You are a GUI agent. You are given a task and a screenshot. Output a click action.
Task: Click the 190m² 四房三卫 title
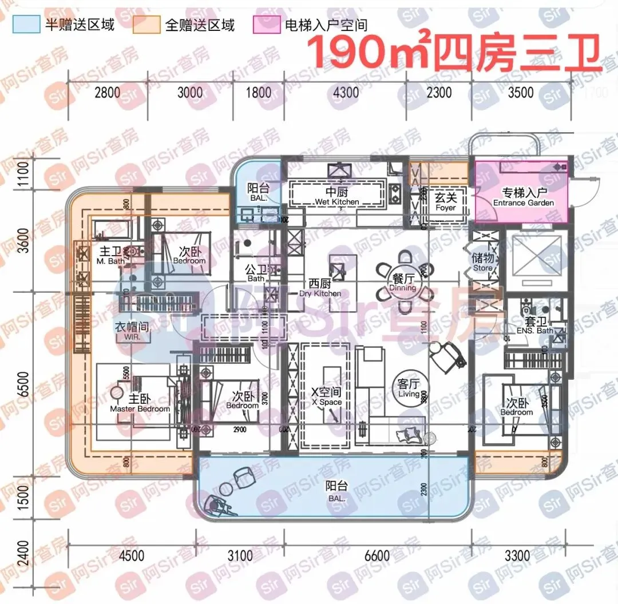click(455, 53)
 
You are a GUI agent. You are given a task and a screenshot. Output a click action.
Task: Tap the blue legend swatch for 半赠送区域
click(26, 25)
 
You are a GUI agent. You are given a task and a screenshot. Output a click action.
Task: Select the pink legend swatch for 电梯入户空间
click(266, 25)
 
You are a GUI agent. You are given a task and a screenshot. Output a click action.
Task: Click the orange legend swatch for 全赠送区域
click(146, 25)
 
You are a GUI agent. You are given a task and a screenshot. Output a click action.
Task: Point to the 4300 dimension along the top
click(346, 92)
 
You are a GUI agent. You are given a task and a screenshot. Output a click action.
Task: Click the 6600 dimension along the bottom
click(376, 555)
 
